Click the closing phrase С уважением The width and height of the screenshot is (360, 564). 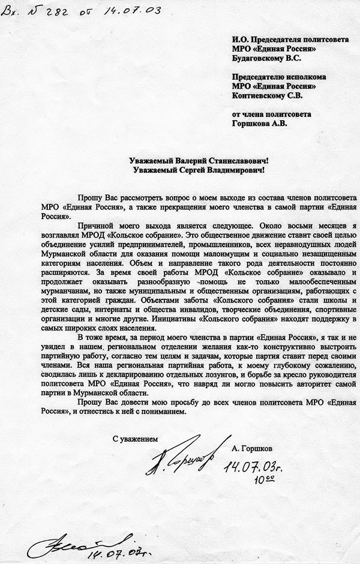tap(136, 439)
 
